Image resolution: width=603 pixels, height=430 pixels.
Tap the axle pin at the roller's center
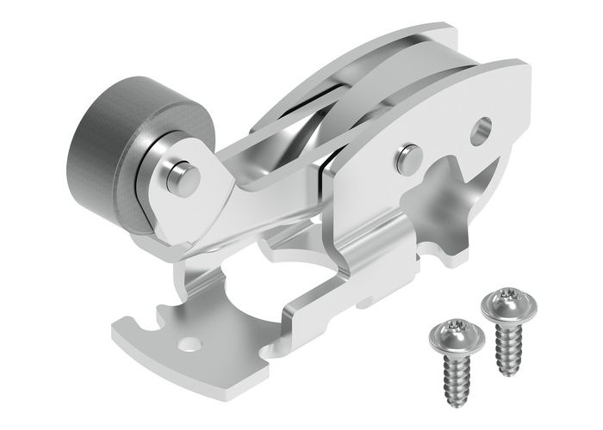(x=182, y=176)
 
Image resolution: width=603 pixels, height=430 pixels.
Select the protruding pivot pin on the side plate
(x=409, y=157)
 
